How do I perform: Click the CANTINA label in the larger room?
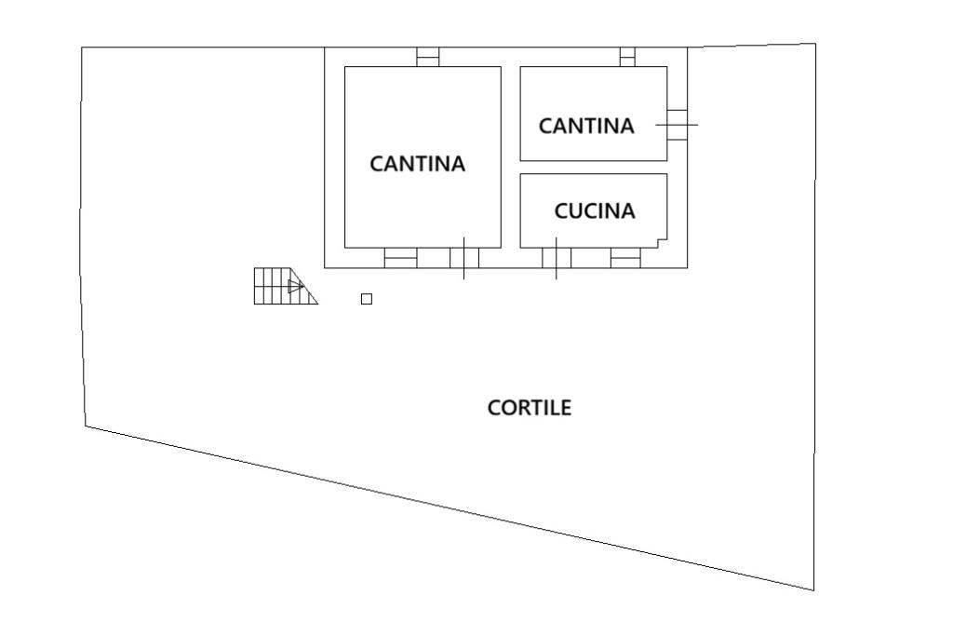click(417, 164)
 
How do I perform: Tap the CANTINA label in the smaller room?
click(586, 126)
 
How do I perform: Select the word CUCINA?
click(595, 211)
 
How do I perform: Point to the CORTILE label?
click(530, 408)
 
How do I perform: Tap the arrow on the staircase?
click(295, 286)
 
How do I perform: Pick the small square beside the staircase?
click(367, 299)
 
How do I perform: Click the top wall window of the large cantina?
click(427, 57)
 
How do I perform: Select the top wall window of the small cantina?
click(627, 57)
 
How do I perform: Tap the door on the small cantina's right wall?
click(678, 124)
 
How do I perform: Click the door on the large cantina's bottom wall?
click(464, 258)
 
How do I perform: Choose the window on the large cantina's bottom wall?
click(400, 258)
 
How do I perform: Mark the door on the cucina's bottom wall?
click(556, 258)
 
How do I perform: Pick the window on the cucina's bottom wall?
click(625, 258)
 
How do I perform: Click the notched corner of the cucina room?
click(663, 242)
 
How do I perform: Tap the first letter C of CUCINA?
click(561, 211)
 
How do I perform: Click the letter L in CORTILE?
click(555, 408)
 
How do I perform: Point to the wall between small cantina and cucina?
click(594, 168)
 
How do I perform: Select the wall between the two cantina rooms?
click(510, 156)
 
